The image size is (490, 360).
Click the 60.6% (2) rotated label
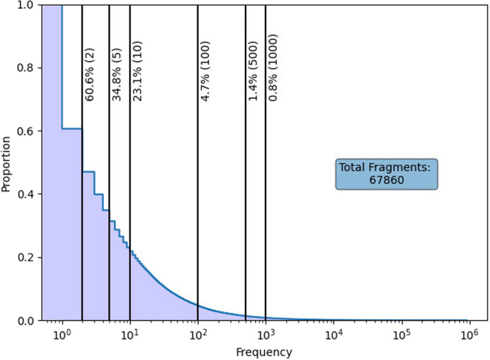(90, 75)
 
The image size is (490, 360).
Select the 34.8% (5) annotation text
(117, 75)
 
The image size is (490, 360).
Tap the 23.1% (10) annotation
(137, 71)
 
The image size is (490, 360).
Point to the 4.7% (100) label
(205, 71)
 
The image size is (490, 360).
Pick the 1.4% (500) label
(253, 71)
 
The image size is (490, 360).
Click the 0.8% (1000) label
(273, 68)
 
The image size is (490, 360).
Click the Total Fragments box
(387, 174)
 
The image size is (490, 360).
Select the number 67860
(387, 180)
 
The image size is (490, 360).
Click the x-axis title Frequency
(264, 352)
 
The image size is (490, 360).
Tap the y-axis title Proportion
(6, 164)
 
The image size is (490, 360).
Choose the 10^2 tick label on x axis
(198, 334)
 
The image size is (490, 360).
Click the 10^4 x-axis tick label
(334, 334)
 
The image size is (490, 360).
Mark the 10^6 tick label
(469, 334)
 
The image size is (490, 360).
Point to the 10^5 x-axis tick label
(401, 334)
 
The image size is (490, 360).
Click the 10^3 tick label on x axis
(266, 334)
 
